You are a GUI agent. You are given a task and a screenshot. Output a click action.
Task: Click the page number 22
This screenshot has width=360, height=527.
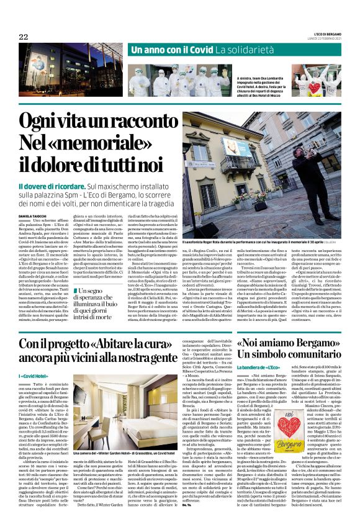[24, 37]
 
